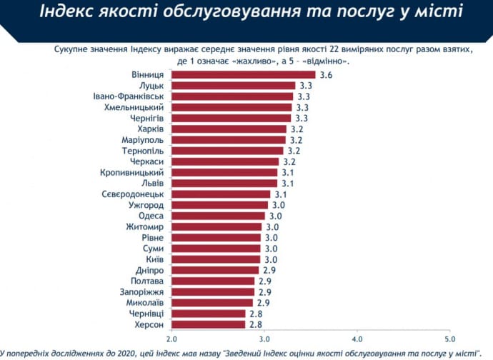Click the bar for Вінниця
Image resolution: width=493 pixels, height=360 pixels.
(x=243, y=74)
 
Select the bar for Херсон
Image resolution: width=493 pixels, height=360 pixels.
(x=208, y=324)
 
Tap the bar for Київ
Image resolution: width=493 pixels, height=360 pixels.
(x=216, y=259)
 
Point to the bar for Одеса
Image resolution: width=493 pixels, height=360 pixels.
(x=218, y=216)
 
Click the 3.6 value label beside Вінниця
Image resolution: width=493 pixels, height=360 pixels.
(x=326, y=74)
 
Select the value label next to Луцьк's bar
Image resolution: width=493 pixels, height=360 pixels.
(x=305, y=85)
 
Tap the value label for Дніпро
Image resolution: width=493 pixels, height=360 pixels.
(x=269, y=270)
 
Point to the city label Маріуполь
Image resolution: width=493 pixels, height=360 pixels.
(x=144, y=139)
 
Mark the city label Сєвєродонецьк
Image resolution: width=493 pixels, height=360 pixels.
(x=134, y=194)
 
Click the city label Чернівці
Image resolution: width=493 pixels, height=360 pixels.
(x=146, y=314)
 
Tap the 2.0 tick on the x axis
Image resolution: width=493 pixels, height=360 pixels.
(x=171, y=338)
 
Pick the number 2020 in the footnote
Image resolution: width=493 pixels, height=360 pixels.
(x=119, y=352)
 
